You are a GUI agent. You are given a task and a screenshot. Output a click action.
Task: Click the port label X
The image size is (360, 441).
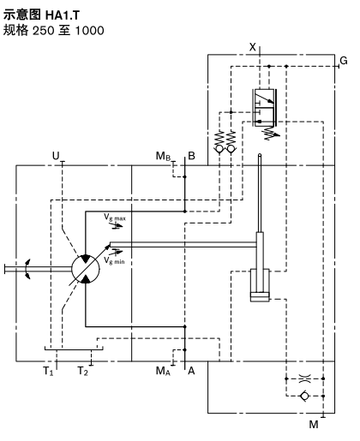click(253, 47)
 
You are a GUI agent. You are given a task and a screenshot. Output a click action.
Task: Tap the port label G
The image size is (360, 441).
click(344, 61)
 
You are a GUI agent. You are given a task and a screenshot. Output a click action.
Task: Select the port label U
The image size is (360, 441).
click(56, 156)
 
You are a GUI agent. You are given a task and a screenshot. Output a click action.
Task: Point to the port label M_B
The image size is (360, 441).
click(163, 156)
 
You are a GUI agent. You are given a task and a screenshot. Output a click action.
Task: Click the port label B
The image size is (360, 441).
click(191, 156)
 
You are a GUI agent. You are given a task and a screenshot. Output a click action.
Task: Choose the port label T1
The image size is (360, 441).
click(48, 371)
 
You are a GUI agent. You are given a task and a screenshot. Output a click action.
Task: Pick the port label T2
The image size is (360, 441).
click(83, 371)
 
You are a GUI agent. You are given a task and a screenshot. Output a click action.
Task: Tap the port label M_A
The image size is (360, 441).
click(163, 371)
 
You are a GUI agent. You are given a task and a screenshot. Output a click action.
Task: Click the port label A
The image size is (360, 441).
click(191, 371)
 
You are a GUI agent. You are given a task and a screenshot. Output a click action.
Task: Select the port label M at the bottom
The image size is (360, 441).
click(314, 425)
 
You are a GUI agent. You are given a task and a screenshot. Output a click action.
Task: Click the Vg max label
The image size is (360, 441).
click(115, 218)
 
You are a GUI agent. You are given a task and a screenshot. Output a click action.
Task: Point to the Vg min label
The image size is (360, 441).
click(114, 260)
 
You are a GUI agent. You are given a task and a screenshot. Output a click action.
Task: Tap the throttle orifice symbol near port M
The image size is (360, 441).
click(304, 378)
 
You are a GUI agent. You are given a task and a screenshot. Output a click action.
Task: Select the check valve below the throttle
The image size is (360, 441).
click(304, 396)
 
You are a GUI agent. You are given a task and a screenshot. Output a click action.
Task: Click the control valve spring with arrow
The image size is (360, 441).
click(271, 133)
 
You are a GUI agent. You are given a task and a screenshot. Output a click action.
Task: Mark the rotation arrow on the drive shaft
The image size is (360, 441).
click(27, 269)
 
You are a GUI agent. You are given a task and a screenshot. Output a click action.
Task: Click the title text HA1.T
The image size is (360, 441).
click(63, 15)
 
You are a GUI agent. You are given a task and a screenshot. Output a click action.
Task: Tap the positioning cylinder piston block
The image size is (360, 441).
click(260, 297)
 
